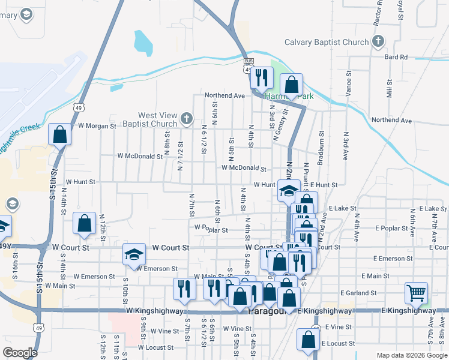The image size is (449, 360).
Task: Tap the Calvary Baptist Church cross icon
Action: coord(378,42)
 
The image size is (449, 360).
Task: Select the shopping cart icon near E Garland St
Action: coord(416,293)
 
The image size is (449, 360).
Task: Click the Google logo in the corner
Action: coord(20,353)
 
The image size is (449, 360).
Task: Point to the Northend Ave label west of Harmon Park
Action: coord(224,95)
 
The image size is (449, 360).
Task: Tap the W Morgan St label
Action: coord(97,126)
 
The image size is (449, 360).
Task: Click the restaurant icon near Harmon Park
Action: coord(261,77)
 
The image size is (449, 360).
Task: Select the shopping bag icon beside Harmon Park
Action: coord(291,85)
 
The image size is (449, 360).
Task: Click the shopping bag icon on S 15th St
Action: coord(59,134)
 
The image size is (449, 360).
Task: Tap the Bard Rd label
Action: coord(396,57)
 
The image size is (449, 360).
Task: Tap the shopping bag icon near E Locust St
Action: coord(308,338)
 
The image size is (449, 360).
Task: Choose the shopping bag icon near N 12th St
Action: coord(84,223)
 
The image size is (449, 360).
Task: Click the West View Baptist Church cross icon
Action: coord(187,118)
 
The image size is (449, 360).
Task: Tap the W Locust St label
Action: coord(155,347)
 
